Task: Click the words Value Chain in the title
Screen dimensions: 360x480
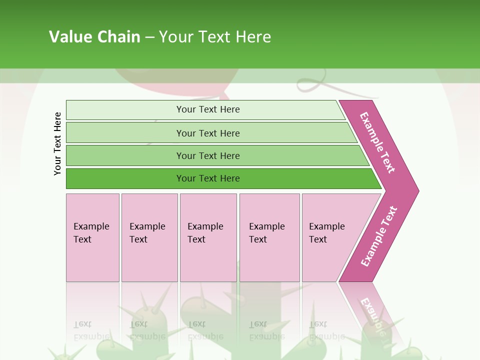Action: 94,37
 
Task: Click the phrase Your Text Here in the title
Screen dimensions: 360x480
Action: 215,37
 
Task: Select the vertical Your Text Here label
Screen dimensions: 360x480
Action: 58,143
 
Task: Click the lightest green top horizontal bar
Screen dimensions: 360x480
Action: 125,110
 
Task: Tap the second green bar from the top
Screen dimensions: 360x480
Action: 125,133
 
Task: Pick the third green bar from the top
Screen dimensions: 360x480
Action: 125,155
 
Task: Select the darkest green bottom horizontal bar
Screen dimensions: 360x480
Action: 125,178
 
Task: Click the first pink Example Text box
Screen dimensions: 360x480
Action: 92,237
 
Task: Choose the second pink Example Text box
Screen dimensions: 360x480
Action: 149,237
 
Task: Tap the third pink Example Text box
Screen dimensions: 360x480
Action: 208,237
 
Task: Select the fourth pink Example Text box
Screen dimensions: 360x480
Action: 269,237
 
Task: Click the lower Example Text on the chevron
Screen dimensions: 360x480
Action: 379,236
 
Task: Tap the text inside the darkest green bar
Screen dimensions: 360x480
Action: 208,178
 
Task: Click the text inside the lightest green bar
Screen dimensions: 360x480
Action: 208,109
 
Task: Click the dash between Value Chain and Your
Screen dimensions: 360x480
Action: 149,37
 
